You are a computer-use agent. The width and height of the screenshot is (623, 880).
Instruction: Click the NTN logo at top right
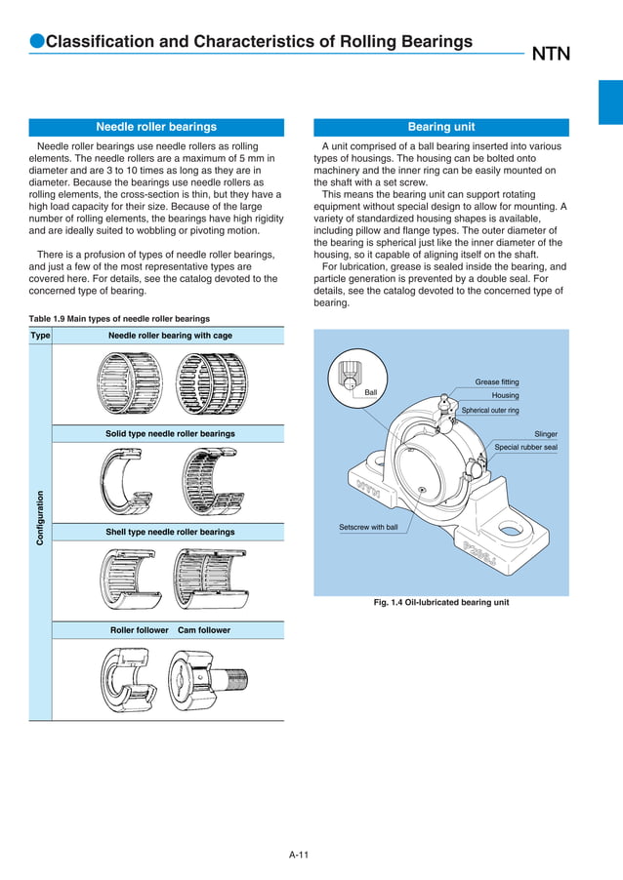[551, 55]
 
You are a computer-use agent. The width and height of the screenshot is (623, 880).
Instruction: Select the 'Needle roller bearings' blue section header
[156, 127]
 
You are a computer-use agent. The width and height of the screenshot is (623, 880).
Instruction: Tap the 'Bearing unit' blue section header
[441, 127]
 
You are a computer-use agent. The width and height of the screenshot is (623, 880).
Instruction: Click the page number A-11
[299, 856]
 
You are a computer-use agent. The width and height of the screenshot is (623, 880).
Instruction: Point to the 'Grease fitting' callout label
[497, 381]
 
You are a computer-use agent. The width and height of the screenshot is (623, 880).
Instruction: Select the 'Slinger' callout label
[546, 434]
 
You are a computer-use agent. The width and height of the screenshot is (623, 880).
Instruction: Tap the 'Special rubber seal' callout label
[525, 448]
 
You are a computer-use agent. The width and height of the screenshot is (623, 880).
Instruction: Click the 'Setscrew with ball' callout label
[368, 527]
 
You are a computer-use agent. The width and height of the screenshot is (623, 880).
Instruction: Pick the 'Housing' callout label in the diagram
[505, 396]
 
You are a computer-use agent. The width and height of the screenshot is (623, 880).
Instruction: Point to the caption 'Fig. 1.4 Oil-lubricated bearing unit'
[441, 603]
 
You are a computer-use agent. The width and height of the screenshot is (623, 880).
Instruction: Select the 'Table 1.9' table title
[119, 319]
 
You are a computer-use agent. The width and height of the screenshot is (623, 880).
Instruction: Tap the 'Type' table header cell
[40, 336]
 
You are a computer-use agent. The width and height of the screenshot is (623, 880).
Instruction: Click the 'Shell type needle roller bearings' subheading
[170, 532]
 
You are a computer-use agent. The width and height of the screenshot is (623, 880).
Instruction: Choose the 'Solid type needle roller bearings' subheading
[170, 433]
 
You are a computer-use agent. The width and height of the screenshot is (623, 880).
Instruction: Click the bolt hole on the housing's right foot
[509, 532]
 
